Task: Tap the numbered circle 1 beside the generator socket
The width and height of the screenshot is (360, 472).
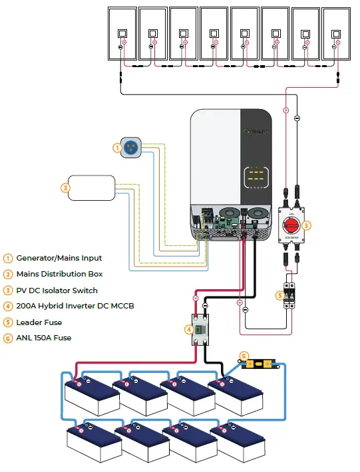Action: tap(117, 148)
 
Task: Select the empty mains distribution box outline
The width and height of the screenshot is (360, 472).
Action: tap(92, 187)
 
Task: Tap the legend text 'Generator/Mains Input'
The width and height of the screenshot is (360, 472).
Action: tap(59, 258)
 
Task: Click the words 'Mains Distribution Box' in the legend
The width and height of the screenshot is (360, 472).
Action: tap(59, 274)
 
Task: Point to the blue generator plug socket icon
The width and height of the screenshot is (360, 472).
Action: tap(130, 148)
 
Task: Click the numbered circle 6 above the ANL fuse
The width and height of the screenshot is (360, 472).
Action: tap(244, 357)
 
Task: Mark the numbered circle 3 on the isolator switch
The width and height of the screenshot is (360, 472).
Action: tap(306, 225)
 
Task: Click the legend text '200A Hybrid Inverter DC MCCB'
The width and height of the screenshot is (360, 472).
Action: tap(75, 306)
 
